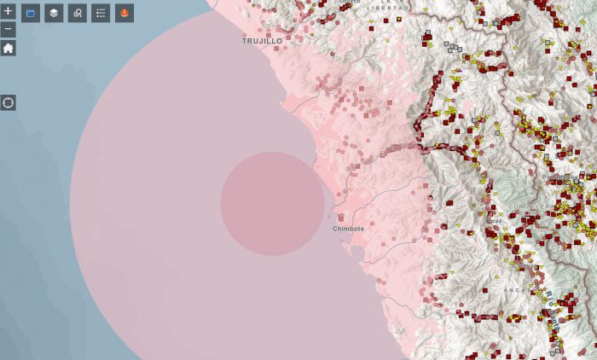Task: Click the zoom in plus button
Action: tap(8, 12)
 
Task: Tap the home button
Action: tap(8, 48)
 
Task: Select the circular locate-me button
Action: tap(8, 103)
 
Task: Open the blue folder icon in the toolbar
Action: tap(31, 13)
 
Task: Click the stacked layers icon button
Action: tap(54, 13)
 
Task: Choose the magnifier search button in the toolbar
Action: tap(78, 13)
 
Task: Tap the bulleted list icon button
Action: tap(101, 13)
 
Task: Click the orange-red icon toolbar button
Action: tap(125, 13)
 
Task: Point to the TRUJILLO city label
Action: tap(262, 41)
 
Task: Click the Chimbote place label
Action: tap(348, 229)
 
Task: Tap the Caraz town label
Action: tap(494, 220)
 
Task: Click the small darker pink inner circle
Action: tap(272, 204)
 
